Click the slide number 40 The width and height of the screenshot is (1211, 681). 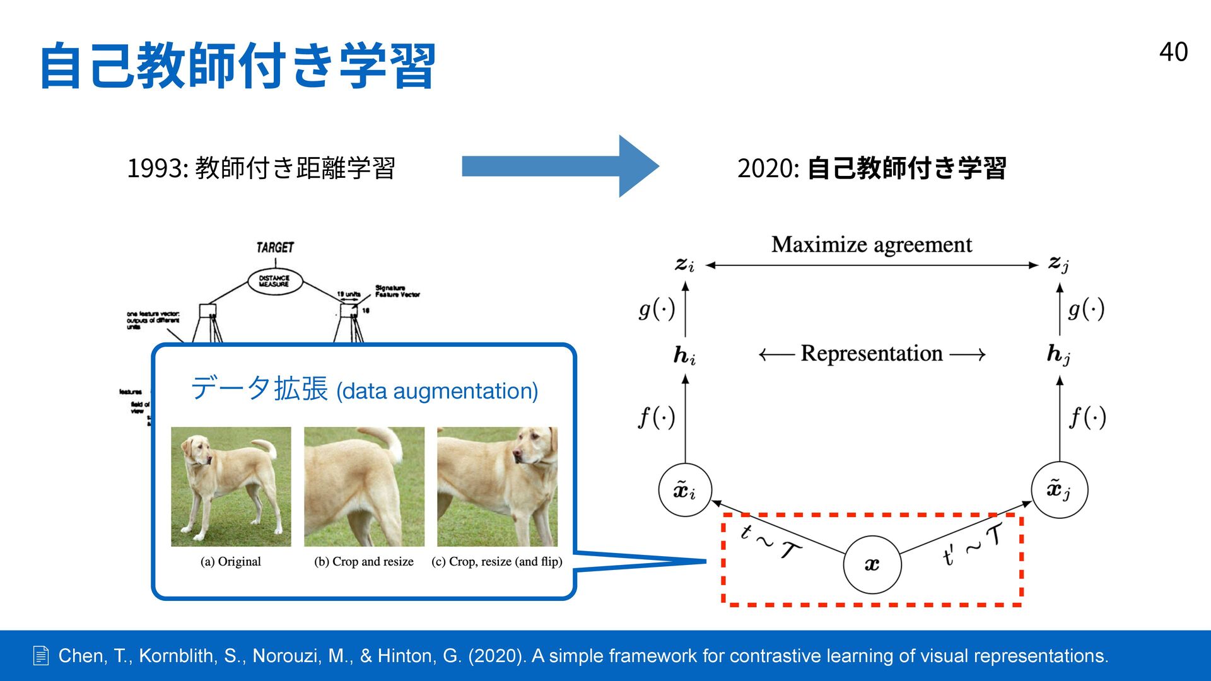coord(1173,52)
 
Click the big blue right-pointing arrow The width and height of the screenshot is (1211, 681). coord(559,166)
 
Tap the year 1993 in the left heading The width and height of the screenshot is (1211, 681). coord(155,168)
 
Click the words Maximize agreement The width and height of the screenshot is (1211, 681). coord(871,245)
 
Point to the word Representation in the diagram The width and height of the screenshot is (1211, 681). coord(871,354)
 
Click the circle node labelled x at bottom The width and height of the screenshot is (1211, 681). coord(872,564)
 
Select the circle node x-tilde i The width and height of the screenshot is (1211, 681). coord(685,490)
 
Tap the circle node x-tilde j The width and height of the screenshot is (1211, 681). coord(1059,490)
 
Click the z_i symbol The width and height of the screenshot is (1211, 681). coord(684,264)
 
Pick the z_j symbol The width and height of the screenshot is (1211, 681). coord(1058,264)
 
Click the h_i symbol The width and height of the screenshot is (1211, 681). coord(684,356)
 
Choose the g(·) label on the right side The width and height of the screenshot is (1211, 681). coord(1086,309)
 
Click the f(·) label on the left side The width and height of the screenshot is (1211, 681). coord(657,417)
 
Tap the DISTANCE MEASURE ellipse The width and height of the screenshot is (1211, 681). coord(274,281)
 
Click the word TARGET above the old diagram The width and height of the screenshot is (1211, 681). coord(275,247)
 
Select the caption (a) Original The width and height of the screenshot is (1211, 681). coord(230,561)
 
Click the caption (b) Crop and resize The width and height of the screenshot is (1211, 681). coord(364,561)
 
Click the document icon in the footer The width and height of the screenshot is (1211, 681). coord(41,656)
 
